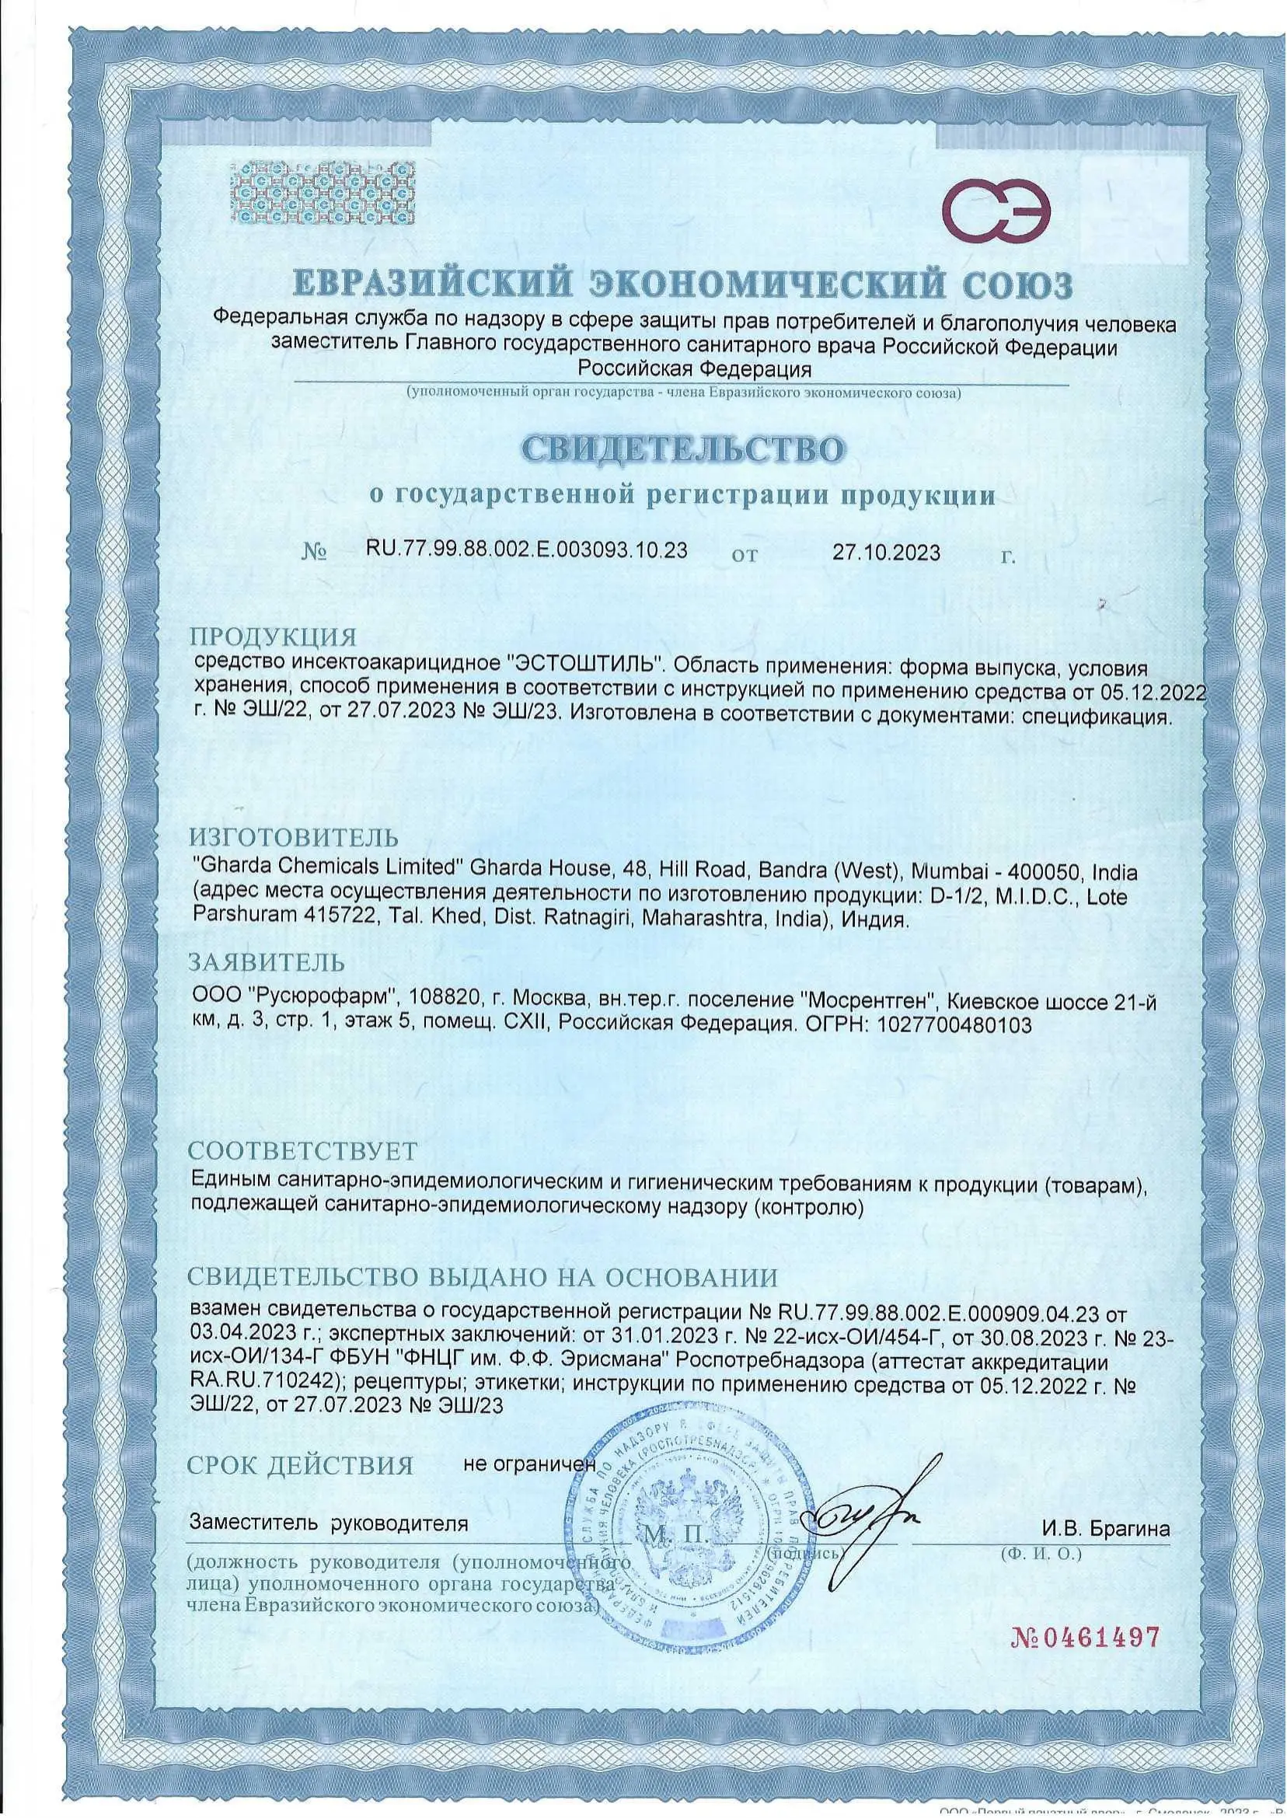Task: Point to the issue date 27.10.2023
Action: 886,553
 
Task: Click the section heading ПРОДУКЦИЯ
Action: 271,637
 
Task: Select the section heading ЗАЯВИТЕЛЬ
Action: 267,963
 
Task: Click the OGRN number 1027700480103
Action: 955,1024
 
